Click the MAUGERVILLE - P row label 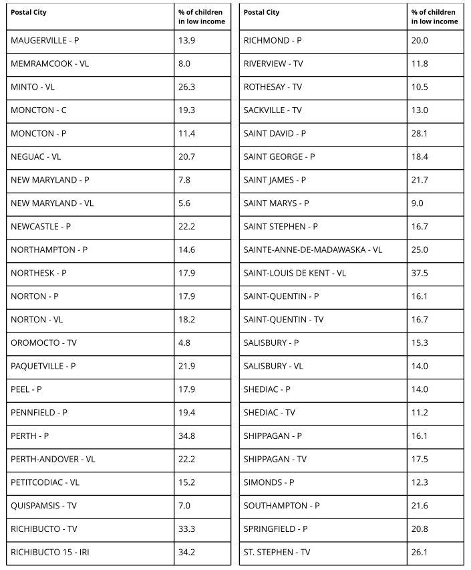(x=45, y=41)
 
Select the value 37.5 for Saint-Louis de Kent (x=420, y=273)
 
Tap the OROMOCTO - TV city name (x=43, y=343)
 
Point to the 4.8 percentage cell (x=184, y=343)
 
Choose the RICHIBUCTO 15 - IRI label (x=50, y=552)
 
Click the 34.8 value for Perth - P (x=186, y=436)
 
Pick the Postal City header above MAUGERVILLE (x=29, y=13)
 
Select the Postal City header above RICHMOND (x=262, y=13)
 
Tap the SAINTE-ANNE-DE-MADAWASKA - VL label (x=313, y=250)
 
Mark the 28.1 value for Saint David (x=420, y=134)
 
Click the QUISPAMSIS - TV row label (x=43, y=506)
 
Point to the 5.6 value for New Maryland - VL (x=184, y=203)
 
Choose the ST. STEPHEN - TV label (x=277, y=552)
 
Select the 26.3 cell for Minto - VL (x=186, y=87)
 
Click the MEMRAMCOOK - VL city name (x=49, y=64)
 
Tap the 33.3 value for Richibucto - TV (x=186, y=529)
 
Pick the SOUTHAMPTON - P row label (x=281, y=506)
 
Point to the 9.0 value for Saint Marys (x=418, y=203)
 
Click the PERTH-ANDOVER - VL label (x=53, y=459)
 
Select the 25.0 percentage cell (x=420, y=250)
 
